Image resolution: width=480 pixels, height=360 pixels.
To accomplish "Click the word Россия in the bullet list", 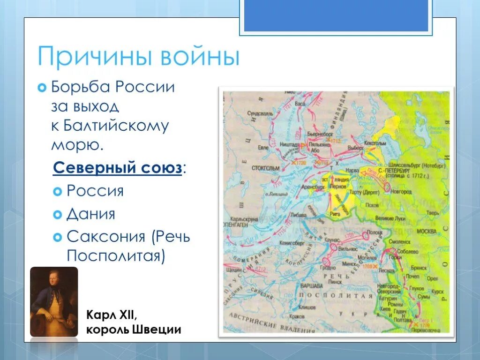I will (x=95, y=191).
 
